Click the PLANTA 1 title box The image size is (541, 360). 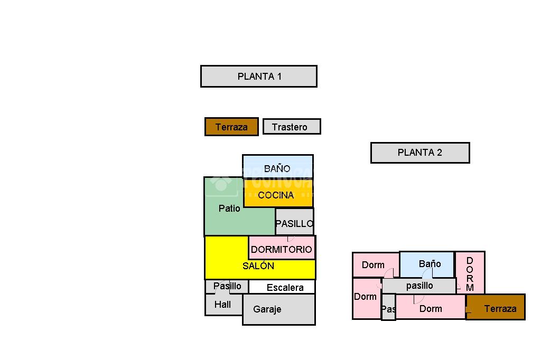[x=259, y=76]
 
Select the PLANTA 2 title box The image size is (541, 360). [x=420, y=153]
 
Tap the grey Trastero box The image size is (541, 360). [x=292, y=127]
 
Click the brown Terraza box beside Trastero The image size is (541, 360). [x=231, y=127]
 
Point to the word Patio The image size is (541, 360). [x=229, y=209]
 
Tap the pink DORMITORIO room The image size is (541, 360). [x=282, y=249]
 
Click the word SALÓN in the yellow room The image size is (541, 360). [x=258, y=266]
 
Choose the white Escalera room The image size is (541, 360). [x=285, y=287]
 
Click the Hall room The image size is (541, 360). [x=223, y=305]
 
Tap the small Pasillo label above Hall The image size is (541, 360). [x=227, y=286]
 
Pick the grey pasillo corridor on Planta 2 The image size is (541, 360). [x=419, y=286]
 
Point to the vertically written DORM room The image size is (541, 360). [x=470, y=273]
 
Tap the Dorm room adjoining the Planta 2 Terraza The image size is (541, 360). [x=431, y=308]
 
